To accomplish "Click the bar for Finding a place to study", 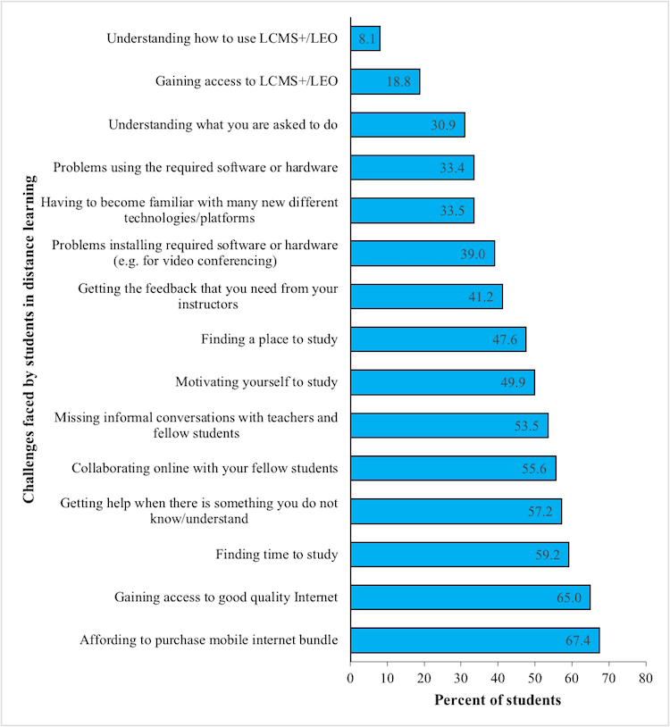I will (438, 339).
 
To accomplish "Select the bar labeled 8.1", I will (365, 38).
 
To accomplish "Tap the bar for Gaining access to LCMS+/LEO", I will (385, 81).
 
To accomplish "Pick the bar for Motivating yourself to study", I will (442, 382).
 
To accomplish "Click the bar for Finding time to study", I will (459, 555).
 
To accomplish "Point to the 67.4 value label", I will (579, 640).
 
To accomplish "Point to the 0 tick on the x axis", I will (350, 680).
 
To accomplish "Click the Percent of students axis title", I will (498, 700).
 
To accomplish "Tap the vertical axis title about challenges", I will (29, 339).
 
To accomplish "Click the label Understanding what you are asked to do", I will (223, 125).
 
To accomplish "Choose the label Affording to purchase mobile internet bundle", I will (209, 640).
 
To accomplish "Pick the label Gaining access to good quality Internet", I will (226, 597).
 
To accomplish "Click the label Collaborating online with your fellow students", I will (205, 468).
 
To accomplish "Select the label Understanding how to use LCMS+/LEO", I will (222, 38).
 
